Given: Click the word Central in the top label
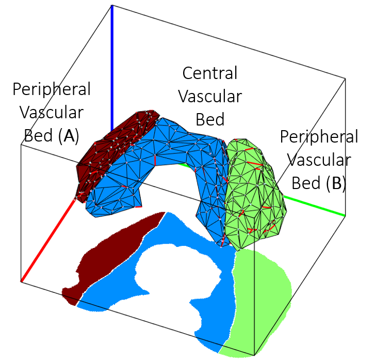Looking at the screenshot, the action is pos(210,73).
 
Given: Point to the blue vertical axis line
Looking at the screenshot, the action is pos(111,67).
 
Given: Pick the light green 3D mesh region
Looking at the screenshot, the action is pos(255,196).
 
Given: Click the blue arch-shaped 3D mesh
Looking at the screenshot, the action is pos(170,150).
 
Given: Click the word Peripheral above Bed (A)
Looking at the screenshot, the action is pos(52,89).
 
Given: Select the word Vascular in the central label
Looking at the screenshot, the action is pos(210,97).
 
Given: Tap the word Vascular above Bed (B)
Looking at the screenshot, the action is pos(319,160).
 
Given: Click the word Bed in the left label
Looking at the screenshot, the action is pos(38,136).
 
